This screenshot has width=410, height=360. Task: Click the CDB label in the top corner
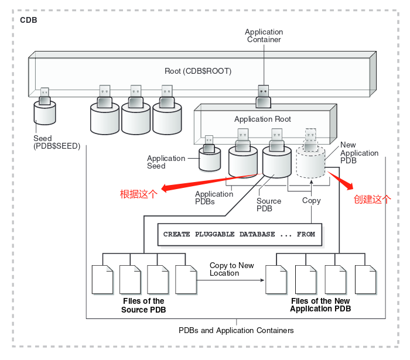click(29, 20)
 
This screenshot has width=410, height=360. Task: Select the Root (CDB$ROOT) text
click(198, 71)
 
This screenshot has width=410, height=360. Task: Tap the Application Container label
click(264, 36)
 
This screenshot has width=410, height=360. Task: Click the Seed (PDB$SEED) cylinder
click(45, 112)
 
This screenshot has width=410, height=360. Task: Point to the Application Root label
click(262, 119)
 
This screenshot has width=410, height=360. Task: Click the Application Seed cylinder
click(210, 159)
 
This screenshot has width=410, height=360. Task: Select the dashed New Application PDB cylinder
click(310, 162)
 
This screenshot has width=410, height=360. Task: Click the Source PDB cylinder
click(277, 161)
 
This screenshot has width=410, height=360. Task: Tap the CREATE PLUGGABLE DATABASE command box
click(239, 234)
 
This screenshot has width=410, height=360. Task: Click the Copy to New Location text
click(231, 269)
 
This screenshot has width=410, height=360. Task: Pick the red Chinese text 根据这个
click(138, 195)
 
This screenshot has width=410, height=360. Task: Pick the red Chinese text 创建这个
click(372, 199)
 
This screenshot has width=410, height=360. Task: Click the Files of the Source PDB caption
click(143, 306)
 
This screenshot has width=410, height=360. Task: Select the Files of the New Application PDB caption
click(320, 305)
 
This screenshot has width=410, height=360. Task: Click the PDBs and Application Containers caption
click(236, 331)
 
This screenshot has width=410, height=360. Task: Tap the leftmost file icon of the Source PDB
click(102, 279)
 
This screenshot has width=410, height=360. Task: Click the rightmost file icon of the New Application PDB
click(365, 279)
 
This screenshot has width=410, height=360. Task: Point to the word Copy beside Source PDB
click(311, 201)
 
